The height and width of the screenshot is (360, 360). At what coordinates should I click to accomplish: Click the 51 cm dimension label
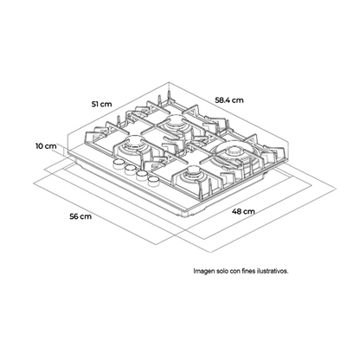coord(101,104)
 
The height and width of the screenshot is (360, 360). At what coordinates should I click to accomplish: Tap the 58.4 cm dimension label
coord(229,100)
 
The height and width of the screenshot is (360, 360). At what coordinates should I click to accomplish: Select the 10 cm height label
coord(46,146)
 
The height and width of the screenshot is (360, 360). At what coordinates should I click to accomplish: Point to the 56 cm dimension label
coord(80,216)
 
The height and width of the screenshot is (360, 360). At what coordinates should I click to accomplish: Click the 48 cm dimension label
coord(243,211)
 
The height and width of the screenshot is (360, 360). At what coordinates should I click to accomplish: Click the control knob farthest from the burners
coord(119,164)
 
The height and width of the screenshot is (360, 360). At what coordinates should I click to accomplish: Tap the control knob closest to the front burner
coord(153,181)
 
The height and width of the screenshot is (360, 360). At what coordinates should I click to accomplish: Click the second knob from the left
coord(131,169)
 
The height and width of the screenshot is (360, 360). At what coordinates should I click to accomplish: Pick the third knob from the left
coord(142,175)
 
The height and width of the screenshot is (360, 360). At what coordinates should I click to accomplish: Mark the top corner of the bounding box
coord(168,83)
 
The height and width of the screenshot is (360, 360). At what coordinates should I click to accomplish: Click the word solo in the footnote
coord(222,271)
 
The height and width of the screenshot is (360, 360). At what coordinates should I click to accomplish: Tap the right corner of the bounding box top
coord(289,142)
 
